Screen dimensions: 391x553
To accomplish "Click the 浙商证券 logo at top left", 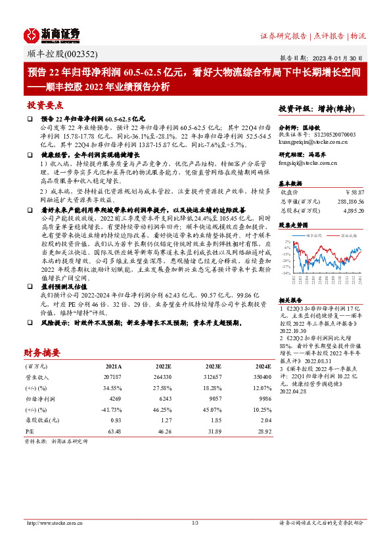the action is pyautogui.click(x=52, y=34).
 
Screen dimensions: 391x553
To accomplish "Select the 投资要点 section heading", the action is pyautogui.click(x=45, y=105).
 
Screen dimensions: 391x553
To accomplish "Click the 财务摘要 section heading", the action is pyautogui.click(x=45, y=351).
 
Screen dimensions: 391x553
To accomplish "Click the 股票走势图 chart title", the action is pyautogui.click(x=293, y=224).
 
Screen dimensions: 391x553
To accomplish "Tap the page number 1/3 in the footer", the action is pyautogui.click(x=195, y=523).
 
